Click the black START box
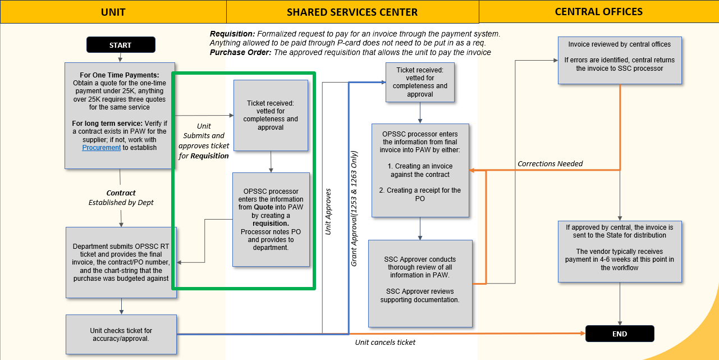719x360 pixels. pyautogui.click(x=120, y=45)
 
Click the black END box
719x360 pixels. pyautogui.click(x=620, y=334)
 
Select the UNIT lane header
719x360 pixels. pyautogui.click(x=113, y=12)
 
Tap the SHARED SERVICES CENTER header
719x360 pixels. pyautogui.click(x=352, y=12)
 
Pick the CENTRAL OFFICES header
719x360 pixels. pyautogui.click(x=598, y=12)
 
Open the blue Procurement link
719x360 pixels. pyautogui.click(x=102, y=148)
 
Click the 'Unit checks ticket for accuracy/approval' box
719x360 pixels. pyautogui.click(x=121, y=335)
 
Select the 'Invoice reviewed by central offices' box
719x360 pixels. pyautogui.click(x=620, y=60)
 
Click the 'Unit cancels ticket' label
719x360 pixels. pyautogui.click(x=385, y=343)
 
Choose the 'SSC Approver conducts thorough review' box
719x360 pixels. pyautogui.click(x=420, y=284)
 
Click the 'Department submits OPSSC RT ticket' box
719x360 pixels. pyautogui.click(x=121, y=262)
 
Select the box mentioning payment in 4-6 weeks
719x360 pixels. pyautogui.click(x=620, y=251)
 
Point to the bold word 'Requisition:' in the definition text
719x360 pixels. pyautogui.click(x=232, y=34)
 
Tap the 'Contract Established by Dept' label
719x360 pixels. pyautogui.click(x=121, y=198)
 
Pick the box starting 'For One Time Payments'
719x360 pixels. pyautogui.click(x=120, y=115)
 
